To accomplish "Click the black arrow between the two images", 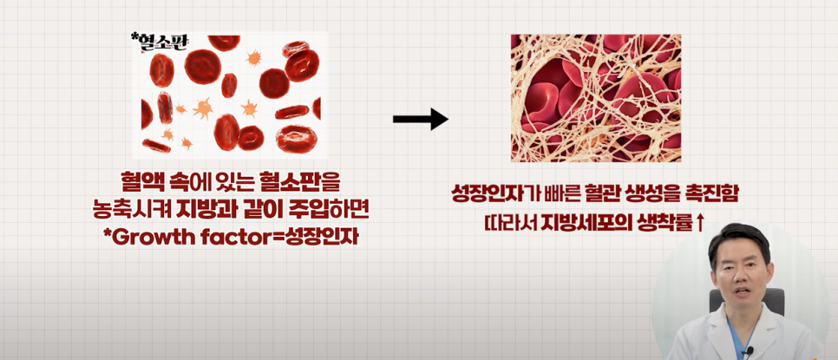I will [x=420, y=120].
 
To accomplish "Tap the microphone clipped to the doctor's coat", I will [x=749, y=351].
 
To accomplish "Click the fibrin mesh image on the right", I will [x=595, y=97].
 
